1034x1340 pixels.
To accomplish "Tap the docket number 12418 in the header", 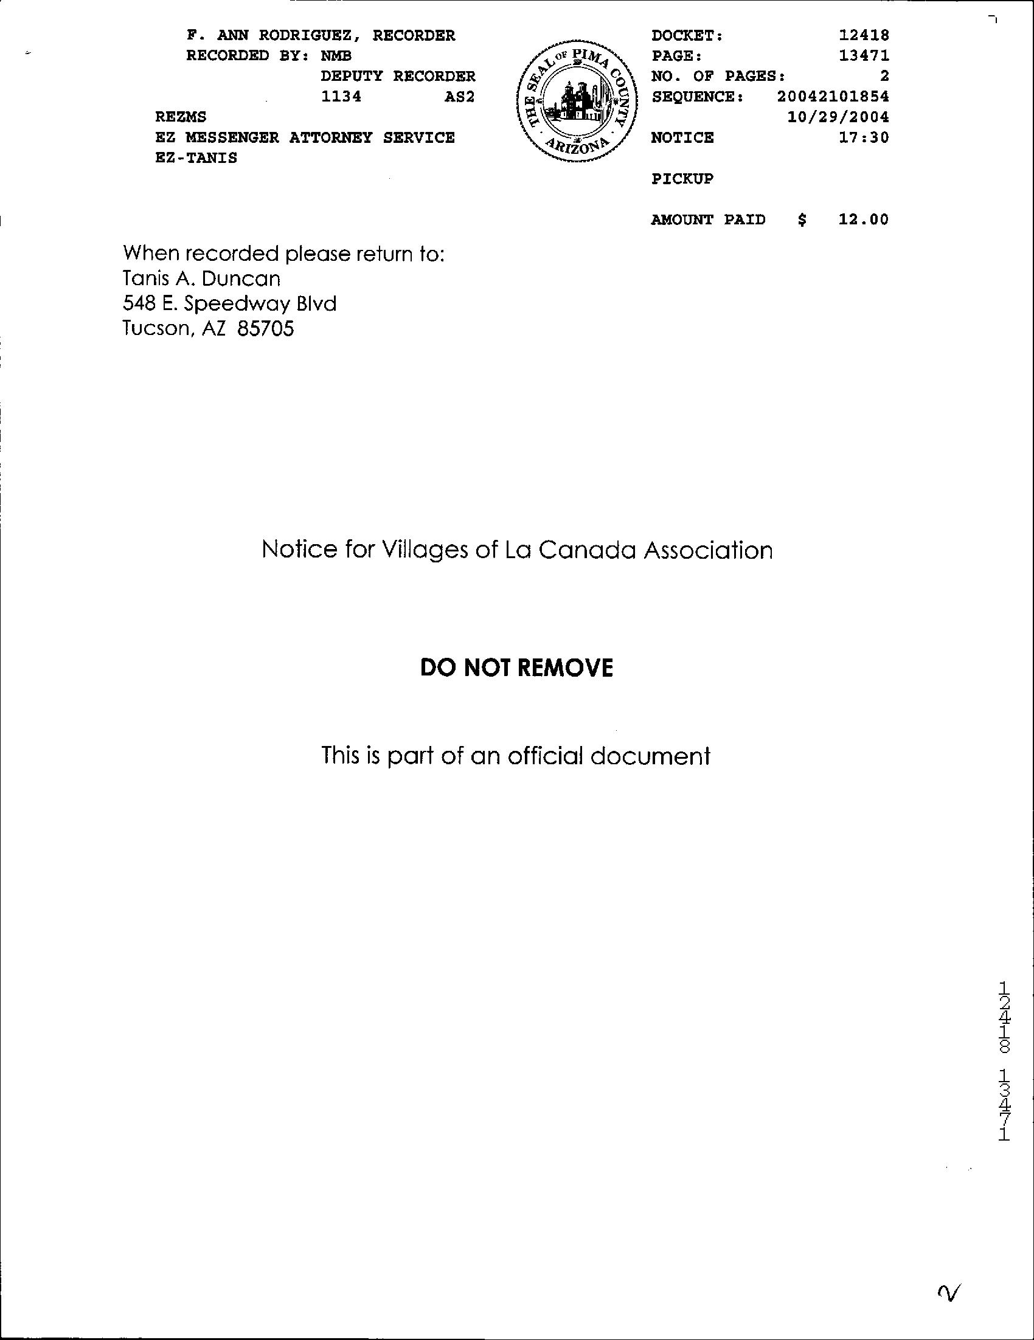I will [x=864, y=36].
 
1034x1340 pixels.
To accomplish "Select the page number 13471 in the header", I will [x=864, y=56].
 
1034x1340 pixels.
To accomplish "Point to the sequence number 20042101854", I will [x=832, y=96].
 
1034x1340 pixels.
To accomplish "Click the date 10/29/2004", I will [x=838, y=117].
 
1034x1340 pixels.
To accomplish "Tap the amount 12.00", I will [x=864, y=219].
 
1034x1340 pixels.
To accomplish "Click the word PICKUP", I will [x=682, y=179].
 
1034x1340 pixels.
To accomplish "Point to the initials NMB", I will [x=336, y=56].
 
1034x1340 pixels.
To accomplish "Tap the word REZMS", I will [x=181, y=117].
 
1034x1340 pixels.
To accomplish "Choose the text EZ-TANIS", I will [x=196, y=157].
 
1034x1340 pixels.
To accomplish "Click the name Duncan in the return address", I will [x=240, y=279].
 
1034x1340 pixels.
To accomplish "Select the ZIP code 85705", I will [x=266, y=330].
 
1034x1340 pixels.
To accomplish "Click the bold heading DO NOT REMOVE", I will [x=516, y=668].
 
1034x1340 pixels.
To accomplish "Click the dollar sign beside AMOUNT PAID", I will [x=802, y=219].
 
